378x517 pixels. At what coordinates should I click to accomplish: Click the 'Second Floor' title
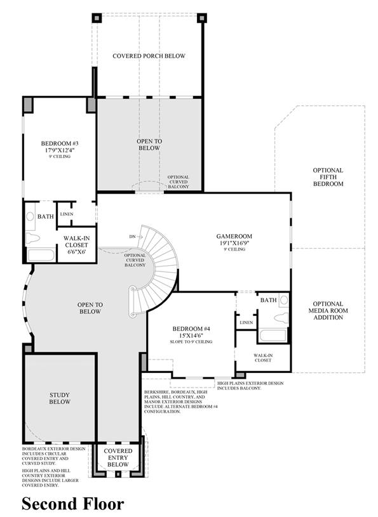click(73, 504)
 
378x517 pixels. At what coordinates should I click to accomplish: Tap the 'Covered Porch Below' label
click(149, 56)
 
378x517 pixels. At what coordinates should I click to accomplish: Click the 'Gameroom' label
click(234, 235)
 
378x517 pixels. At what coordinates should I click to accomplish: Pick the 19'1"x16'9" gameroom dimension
click(234, 242)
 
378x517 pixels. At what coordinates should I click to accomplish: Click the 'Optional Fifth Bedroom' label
click(328, 177)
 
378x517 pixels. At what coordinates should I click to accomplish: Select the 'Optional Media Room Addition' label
click(328, 310)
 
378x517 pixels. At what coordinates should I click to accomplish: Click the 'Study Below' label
click(60, 398)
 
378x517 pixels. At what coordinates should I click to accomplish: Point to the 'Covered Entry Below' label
click(118, 457)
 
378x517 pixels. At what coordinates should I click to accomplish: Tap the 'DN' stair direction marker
click(132, 237)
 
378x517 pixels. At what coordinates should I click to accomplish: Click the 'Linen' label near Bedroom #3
click(67, 214)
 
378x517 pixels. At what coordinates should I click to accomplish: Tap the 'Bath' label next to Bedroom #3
click(45, 216)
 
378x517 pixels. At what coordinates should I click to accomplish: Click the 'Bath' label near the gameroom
click(268, 300)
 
